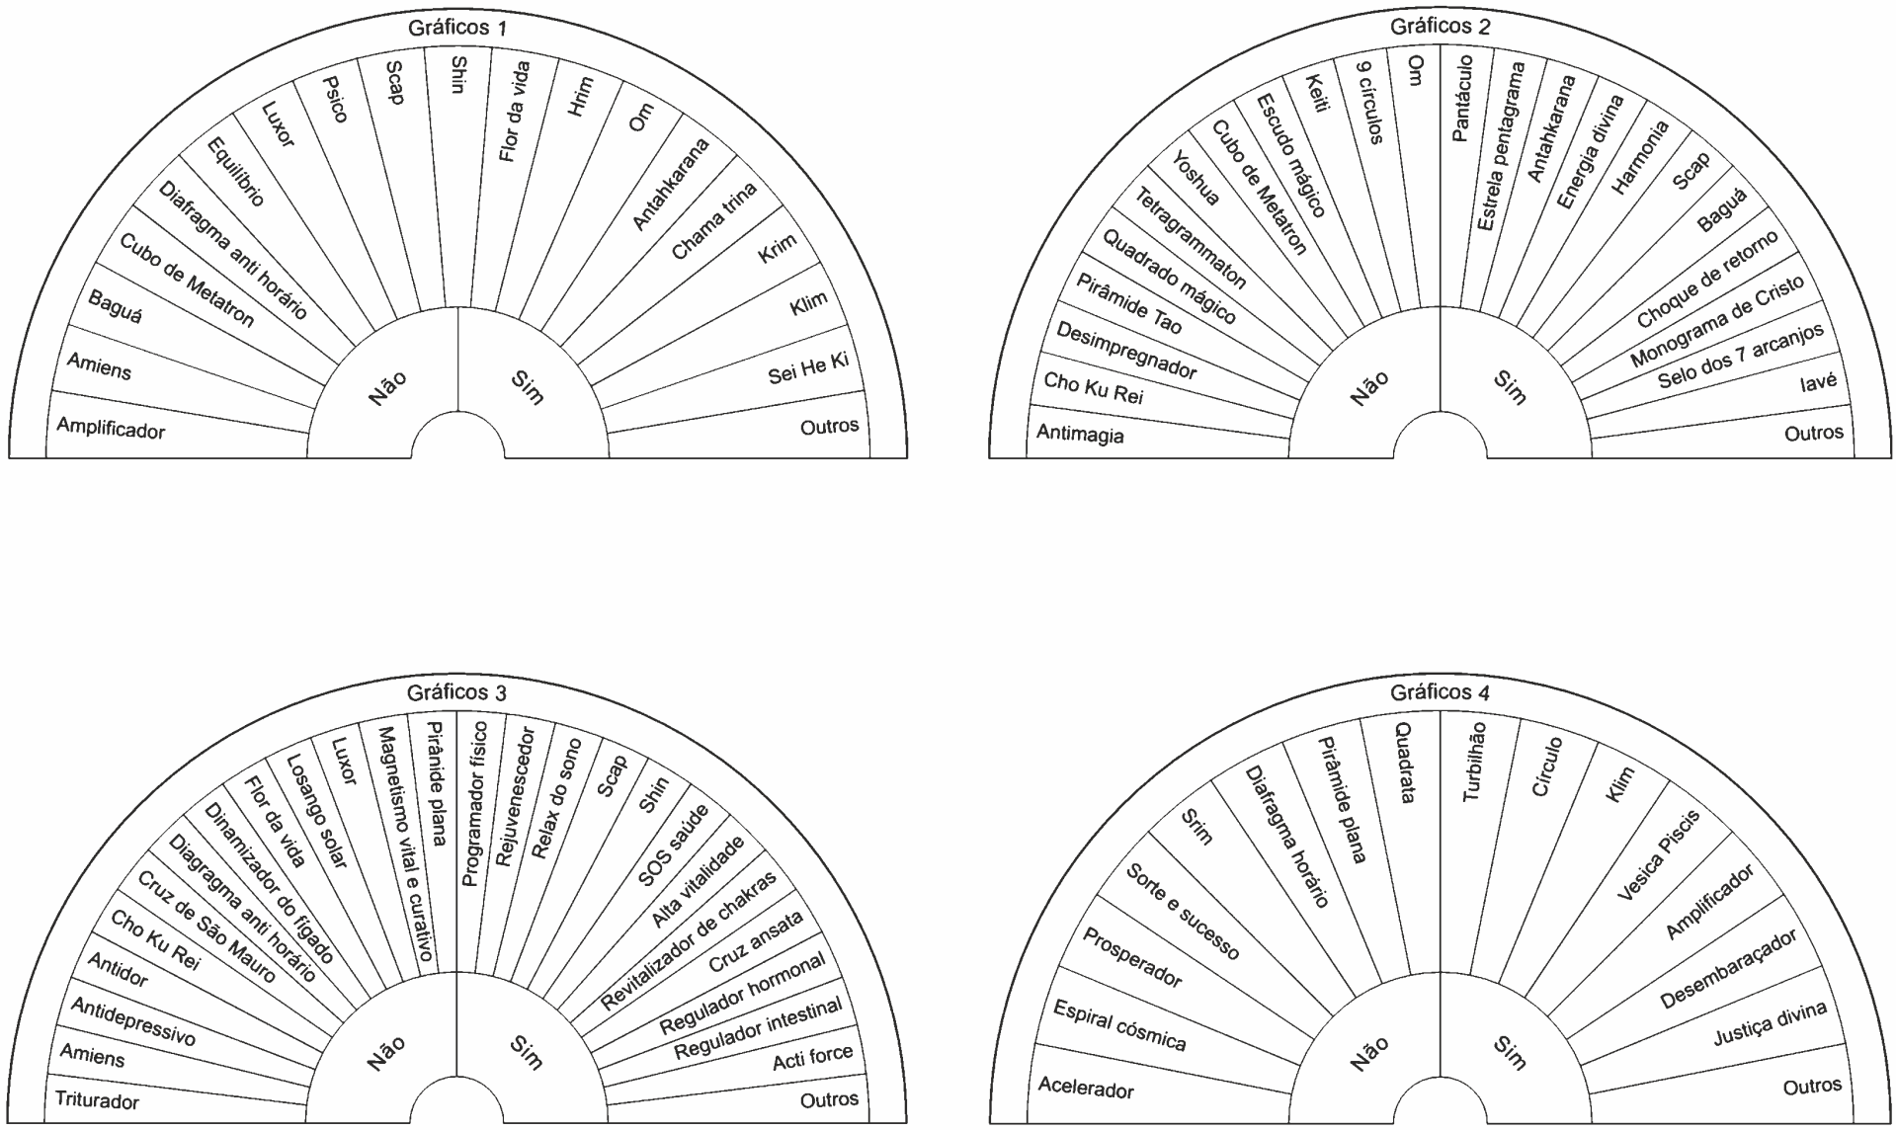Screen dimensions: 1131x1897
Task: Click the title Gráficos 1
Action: (x=456, y=28)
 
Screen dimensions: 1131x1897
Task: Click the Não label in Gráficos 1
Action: (x=387, y=387)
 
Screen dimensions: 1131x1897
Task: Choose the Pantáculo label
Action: (x=1463, y=98)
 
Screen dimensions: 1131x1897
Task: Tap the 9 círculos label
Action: (x=1368, y=102)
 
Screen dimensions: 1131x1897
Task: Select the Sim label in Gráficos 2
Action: (x=1509, y=387)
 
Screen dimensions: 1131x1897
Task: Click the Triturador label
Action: (x=97, y=1100)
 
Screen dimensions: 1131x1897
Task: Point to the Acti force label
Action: (x=812, y=1056)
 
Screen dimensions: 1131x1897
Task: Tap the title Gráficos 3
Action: (x=456, y=692)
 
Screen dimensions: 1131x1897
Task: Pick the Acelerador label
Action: (x=1086, y=1088)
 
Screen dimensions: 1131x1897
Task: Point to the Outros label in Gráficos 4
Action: (x=1812, y=1087)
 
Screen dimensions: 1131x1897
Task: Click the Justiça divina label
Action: (x=1770, y=1023)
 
